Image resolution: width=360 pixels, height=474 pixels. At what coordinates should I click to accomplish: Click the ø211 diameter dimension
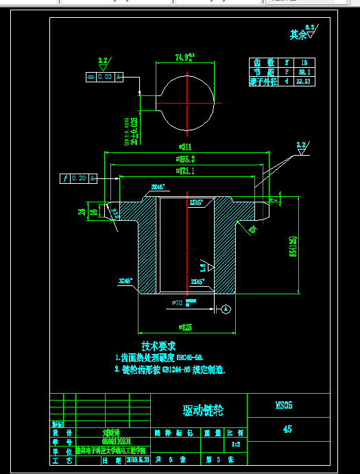(x=184, y=147)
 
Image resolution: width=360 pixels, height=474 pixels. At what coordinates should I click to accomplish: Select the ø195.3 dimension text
(x=184, y=159)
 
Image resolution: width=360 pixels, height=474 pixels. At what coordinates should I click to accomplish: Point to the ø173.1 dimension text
(x=184, y=171)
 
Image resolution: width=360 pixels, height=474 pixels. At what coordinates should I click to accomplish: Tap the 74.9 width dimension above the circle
(x=184, y=57)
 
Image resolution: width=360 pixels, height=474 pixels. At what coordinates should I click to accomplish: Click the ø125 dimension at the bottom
(x=184, y=327)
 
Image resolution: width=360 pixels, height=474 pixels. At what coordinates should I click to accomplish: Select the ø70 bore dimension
(x=176, y=302)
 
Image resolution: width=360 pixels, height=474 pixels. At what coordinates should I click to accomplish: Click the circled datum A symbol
(x=226, y=309)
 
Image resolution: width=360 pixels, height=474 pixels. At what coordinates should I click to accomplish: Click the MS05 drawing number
(x=284, y=405)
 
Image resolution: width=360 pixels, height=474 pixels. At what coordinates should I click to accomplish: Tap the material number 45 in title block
(x=287, y=429)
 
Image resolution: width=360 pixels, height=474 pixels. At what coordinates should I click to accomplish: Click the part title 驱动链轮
(x=203, y=410)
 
